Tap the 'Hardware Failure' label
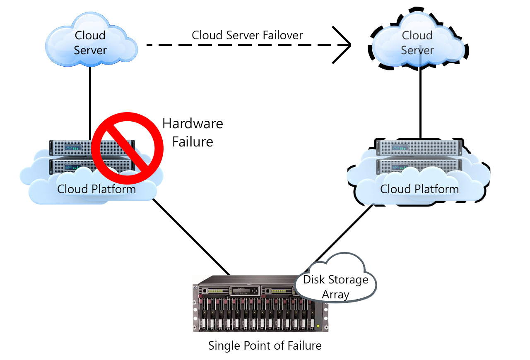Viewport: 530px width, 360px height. coord(193,132)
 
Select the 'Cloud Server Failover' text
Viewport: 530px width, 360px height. coord(247,35)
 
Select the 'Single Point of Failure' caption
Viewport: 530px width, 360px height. coord(265,345)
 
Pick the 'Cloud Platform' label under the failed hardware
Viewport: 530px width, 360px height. coord(96,189)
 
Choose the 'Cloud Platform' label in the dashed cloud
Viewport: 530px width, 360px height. coord(419,189)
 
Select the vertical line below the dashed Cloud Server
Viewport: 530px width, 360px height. coord(420,103)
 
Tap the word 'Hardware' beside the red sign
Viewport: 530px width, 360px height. coord(193,123)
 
